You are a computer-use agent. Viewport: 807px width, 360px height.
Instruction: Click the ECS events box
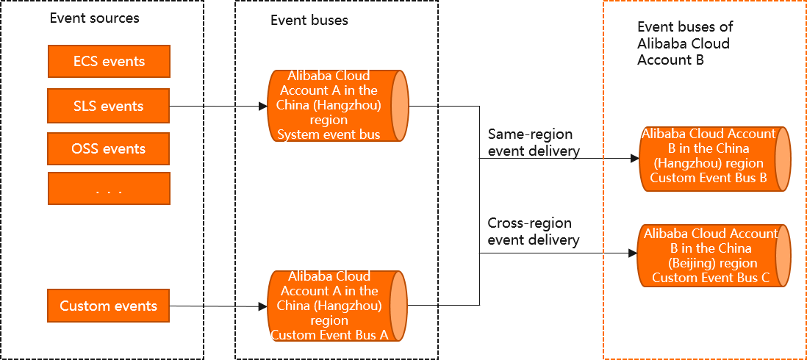click(109, 62)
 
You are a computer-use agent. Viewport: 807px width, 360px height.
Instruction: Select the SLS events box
click(109, 106)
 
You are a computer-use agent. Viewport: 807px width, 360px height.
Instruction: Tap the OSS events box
click(109, 148)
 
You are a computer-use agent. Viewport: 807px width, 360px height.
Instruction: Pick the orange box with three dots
click(109, 189)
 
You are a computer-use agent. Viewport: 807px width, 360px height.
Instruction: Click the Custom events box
click(109, 306)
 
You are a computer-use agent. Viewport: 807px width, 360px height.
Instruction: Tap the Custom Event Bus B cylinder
click(709, 159)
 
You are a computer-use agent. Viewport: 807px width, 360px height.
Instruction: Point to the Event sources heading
click(94, 18)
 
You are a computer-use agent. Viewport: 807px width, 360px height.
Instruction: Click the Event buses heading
click(309, 21)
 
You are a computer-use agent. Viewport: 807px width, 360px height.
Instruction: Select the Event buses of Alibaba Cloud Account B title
click(684, 43)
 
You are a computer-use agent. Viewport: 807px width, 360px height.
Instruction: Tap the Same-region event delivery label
click(534, 143)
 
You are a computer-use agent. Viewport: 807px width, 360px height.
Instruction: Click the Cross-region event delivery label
click(534, 231)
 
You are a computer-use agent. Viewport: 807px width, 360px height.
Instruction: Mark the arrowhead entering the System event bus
click(263, 107)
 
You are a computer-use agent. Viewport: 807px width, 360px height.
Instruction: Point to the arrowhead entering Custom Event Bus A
click(263, 306)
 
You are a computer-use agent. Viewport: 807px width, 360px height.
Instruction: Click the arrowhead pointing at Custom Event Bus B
click(634, 158)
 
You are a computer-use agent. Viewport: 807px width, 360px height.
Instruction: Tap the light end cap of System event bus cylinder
click(399, 106)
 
